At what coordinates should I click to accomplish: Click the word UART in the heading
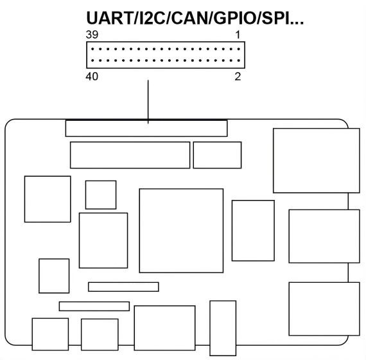coord(109,18)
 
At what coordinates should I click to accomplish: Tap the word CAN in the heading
coord(191,18)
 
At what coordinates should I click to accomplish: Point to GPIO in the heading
coord(236,18)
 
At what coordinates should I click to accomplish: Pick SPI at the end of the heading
coord(275,18)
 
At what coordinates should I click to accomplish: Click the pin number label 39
coord(92,35)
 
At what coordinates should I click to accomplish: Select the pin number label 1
coord(238,35)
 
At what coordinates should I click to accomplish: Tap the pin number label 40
coord(92,76)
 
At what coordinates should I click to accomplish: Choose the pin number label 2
coord(238,76)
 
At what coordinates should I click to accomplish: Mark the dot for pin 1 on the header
coord(239,49)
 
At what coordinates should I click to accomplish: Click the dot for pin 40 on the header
coord(92,60)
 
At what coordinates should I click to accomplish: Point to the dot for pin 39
coord(92,49)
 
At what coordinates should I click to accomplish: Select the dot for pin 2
coord(239,60)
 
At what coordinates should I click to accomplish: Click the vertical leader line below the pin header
coord(148,102)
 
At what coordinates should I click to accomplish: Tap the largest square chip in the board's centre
coord(181,231)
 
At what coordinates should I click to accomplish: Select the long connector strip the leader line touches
coord(146,129)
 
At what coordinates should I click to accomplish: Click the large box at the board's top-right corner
coord(317,161)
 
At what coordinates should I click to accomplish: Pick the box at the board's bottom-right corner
coord(324,309)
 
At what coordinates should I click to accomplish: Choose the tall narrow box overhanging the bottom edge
coord(223,328)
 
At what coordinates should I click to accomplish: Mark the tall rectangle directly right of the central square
coord(253,231)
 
